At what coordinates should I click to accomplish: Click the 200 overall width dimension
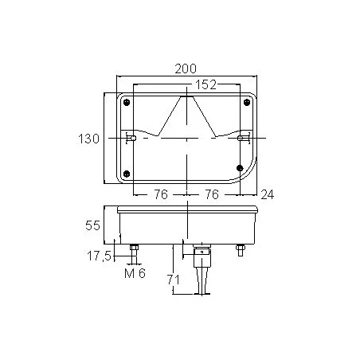tap(186, 68)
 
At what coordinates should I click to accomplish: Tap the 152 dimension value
tap(206, 84)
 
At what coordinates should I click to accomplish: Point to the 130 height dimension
tap(88, 139)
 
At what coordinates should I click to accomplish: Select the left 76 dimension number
tap(161, 194)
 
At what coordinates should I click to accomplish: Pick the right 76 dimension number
tap(212, 194)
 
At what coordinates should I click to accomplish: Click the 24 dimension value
tap(267, 195)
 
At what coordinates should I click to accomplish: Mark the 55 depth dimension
tap(92, 225)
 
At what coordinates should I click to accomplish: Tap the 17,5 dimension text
tap(99, 256)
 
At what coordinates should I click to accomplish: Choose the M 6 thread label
tap(135, 273)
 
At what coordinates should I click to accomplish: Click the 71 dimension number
tap(173, 280)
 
